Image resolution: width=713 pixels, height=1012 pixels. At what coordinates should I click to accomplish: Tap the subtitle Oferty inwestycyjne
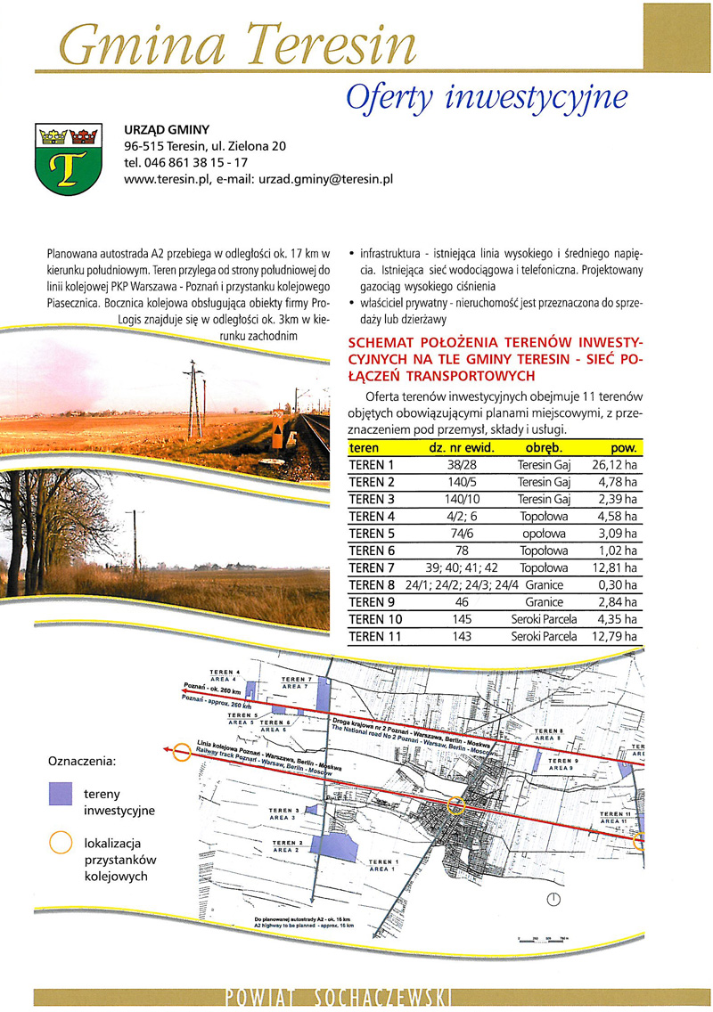[486, 96]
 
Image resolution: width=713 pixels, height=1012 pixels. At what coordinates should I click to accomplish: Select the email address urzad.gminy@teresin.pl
[326, 178]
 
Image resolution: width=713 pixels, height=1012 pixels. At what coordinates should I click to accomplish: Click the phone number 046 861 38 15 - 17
[186, 162]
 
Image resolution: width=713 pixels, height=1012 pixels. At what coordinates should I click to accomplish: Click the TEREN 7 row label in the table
[372, 567]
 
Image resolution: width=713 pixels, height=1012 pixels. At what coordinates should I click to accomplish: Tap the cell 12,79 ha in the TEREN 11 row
[615, 636]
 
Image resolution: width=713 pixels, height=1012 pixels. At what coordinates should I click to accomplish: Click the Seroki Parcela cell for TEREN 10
[544, 619]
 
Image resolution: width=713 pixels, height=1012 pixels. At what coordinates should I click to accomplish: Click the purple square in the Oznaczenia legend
[61, 793]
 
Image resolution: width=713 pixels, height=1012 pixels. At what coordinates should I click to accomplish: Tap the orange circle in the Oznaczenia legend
[61, 843]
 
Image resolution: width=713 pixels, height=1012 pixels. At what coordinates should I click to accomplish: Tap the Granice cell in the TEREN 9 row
[544, 601]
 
